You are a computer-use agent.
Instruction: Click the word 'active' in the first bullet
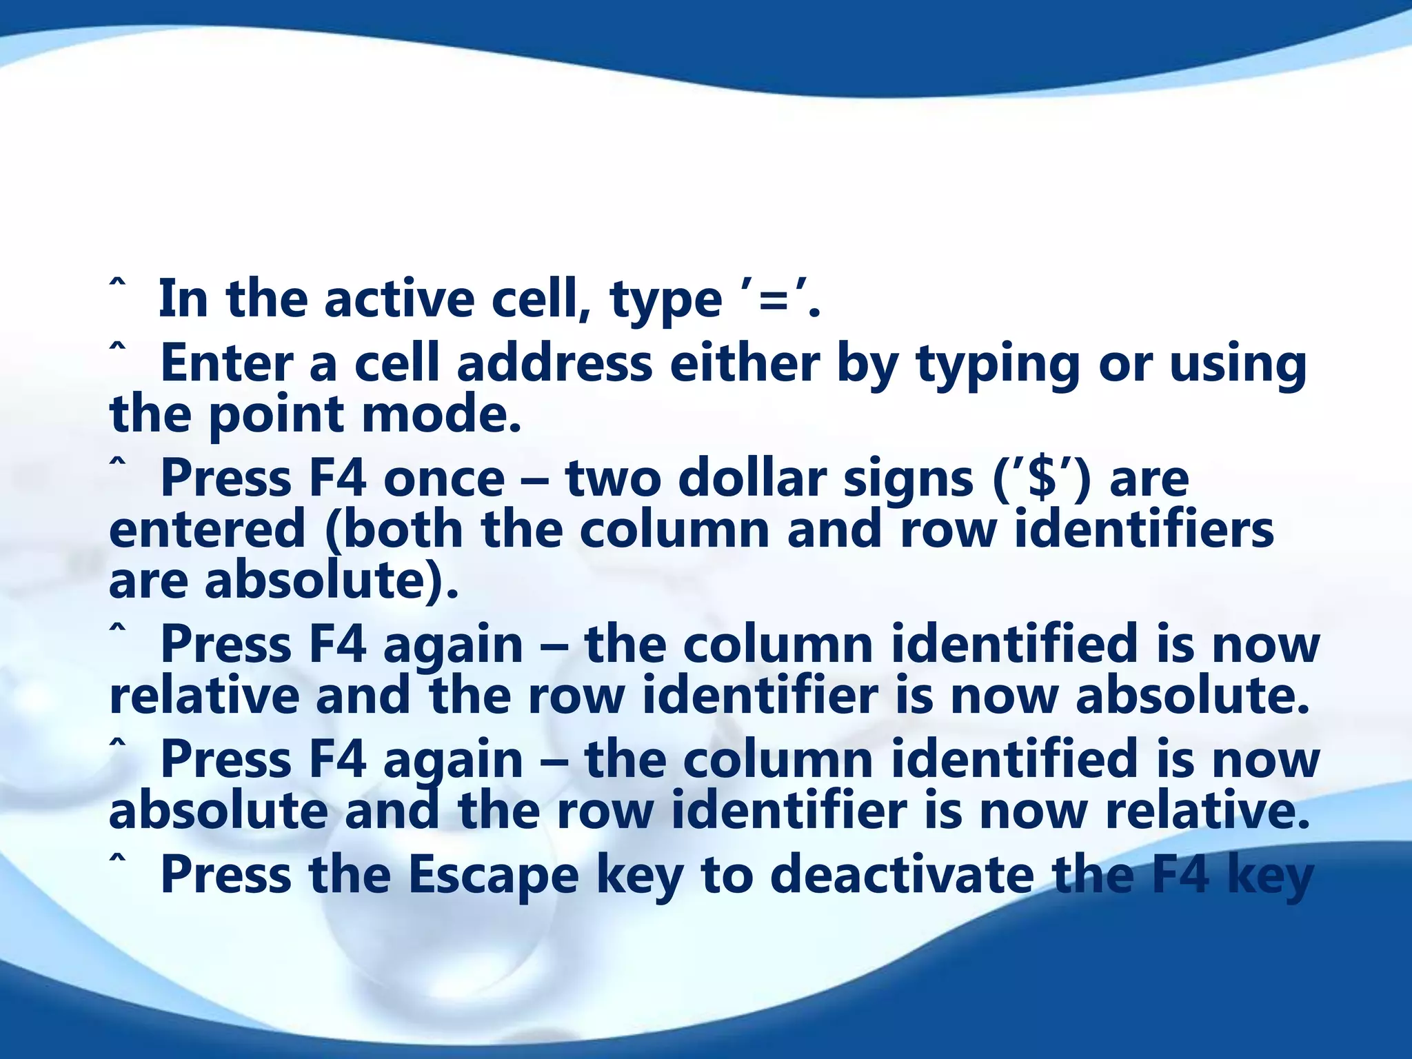click(399, 300)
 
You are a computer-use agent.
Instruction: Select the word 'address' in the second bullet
click(554, 363)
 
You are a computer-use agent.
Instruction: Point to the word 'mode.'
click(441, 415)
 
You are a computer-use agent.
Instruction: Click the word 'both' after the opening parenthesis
click(403, 529)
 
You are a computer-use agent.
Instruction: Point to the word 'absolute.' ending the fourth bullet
click(1192, 696)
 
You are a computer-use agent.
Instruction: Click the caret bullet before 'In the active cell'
click(118, 285)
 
